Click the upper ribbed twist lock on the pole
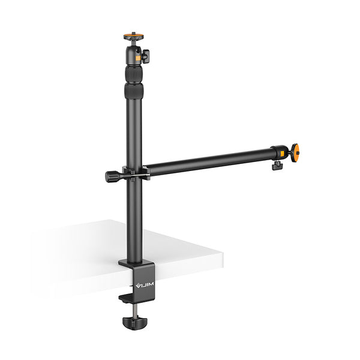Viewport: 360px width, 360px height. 134,74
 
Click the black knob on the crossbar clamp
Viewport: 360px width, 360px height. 112,176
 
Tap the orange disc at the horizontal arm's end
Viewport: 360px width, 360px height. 295,152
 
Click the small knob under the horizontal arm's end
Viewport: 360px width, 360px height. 277,165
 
